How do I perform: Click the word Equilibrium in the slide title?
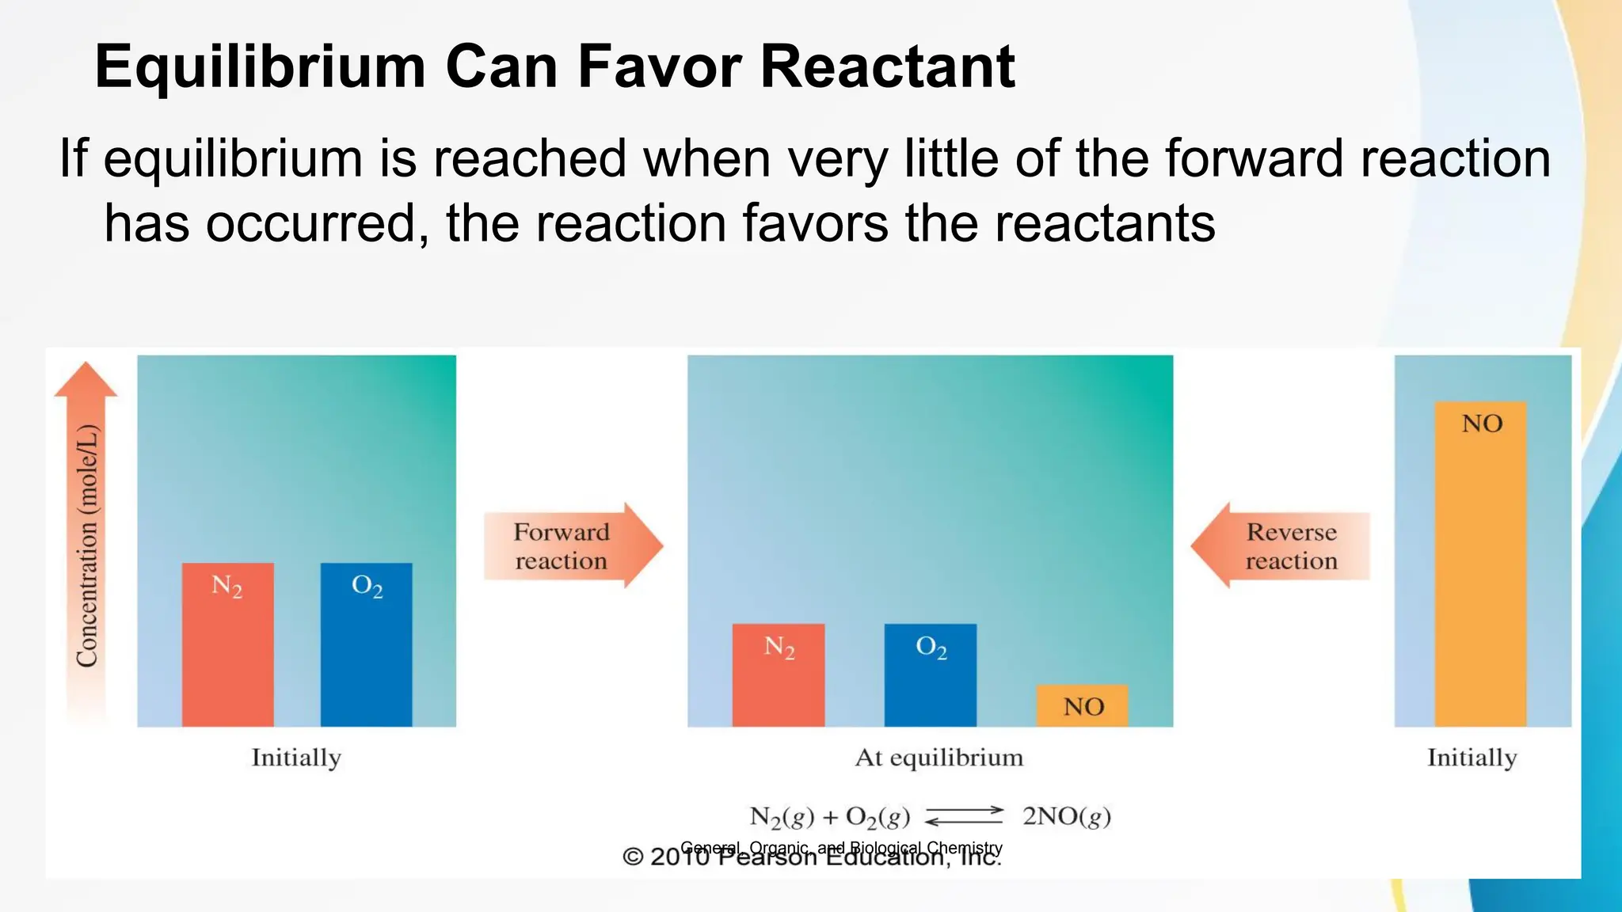(261, 66)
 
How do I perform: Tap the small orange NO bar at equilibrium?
(1082, 705)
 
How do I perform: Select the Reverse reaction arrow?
(1281, 545)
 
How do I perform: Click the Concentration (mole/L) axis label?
(87, 545)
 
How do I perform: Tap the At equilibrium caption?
(939, 758)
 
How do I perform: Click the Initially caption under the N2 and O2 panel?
(296, 758)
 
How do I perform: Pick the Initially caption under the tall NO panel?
(1472, 758)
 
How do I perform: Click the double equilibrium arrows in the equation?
(964, 815)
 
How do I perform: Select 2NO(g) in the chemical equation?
(1066, 816)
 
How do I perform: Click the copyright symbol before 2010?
(633, 857)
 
